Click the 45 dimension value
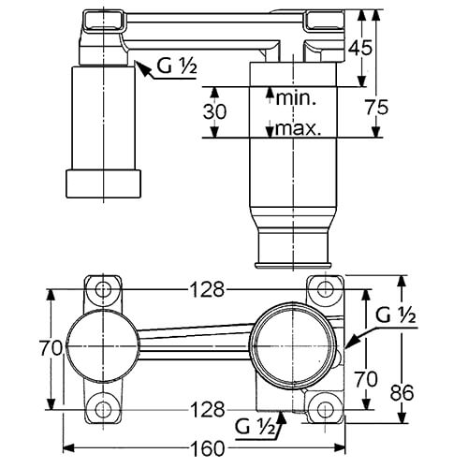pyautogui.click(x=360, y=48)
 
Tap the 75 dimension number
pyautogui.click(x=377, y=108)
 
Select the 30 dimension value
pyautogui.click(x=214, y=111)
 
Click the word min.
pyautogui.click(x=297, y=98)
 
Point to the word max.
pyautogui.click(x=298, y=128)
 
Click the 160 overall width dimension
pyautogui.click(x=208, y=448)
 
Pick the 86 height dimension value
pyautogui.click(x=402, y=392)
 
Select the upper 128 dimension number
pyautogui.click(x=208, y=289)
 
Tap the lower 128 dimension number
pyautogui.click(x=208, y=409)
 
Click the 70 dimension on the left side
pyautogui.click(x=51, y=348)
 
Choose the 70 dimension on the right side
pyautogui.click(x=366, y=379)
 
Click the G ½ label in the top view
pyautogui.click(x=177, y=66)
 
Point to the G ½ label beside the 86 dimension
pyautogui.click(x=396, y=315)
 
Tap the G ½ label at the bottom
pyautogui.click(x=256, y=427)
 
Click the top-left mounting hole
pyautogui.click(x=103, y=289)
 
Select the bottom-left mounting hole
pyautogui.click(x=103, y=409)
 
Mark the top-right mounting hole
pyautogui.click(x=326, y=289)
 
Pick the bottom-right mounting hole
pyautogui.click(x=326, y=409)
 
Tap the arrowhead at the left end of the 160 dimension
pyautogui.click(x=68, y=448)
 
